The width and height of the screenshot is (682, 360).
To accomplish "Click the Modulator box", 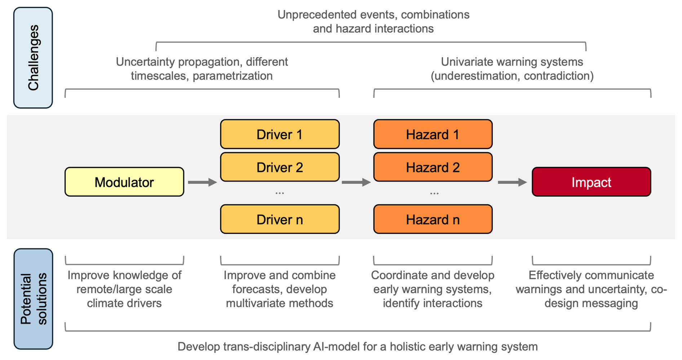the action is [124, 182].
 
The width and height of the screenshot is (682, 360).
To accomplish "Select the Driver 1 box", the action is [280, 134].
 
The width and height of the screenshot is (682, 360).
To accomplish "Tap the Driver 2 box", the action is [280, 167].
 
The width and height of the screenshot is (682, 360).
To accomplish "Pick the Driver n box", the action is [280, 219].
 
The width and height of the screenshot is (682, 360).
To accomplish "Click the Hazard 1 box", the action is [433, 134].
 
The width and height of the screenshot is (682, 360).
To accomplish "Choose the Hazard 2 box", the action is [433, 167].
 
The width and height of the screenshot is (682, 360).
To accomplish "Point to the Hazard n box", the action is [433, 219].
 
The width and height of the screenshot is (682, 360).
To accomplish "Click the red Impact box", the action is [592, 182].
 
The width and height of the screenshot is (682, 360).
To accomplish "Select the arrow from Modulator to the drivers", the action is [203, 182].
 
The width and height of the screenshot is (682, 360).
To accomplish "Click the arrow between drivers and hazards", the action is [356, 182].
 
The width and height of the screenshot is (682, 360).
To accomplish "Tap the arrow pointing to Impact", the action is [513, 182].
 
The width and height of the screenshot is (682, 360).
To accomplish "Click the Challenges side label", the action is [33, 58].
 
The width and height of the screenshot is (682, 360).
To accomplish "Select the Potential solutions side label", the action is [33, 299].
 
